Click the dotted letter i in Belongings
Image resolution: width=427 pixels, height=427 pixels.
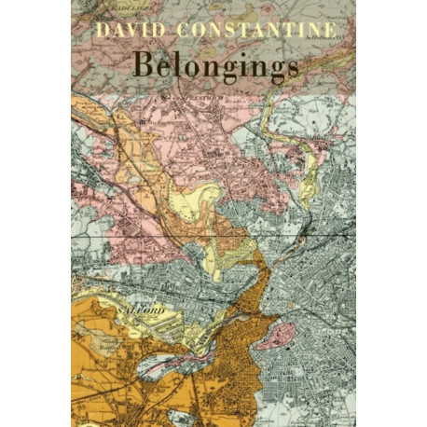(242, 66)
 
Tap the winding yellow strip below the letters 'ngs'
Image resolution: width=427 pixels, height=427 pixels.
(280, 131)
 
